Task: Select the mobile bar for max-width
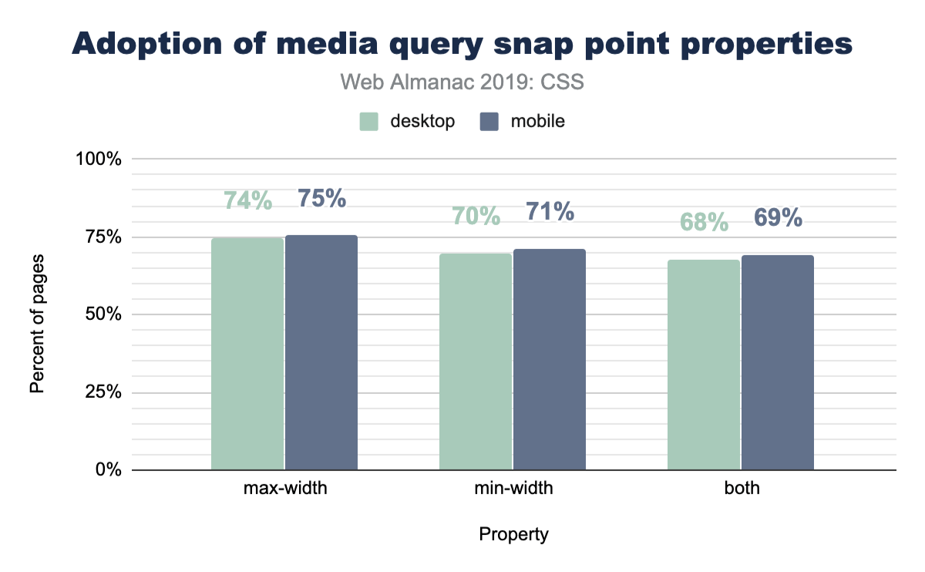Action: point(321,352)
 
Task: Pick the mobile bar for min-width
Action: point(550,359)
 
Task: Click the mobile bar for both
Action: point(778,362)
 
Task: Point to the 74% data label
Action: point(247,200)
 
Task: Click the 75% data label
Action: point(321,198)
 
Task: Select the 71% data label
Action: point(550,211)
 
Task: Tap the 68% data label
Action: point(704,222)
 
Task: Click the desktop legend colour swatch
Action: point(369,122)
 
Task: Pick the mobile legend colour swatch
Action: point(489,122)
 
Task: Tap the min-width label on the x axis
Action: point(513,489)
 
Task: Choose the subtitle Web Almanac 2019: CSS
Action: point(462,82)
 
